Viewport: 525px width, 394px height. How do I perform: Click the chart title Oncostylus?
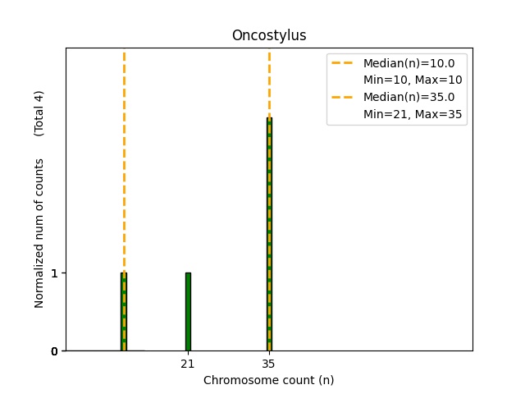pyautogui.click(x=269, y=35)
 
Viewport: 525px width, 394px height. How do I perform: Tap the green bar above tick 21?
pyautogui.click(x=188, y=312)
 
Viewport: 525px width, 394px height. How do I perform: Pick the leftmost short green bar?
pyautogui.click(x=124, y=312)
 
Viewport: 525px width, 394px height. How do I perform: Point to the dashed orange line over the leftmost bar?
pyautogui.click(x=124, y=164)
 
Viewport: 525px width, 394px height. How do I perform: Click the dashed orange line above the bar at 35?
pyautogui.click(x=269, y=82)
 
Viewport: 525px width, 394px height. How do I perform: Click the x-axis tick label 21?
pyautogui.click(x=188, y=363)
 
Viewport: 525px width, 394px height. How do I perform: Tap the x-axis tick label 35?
pyautogui.click(x=269, y=363)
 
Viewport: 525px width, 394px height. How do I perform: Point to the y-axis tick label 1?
pyautogui.click(x=54, y=273)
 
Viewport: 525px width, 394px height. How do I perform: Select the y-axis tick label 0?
pyautogui.click(x=54, y=351)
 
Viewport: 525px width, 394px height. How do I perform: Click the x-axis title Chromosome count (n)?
pyautogui.click(x=269, y=380)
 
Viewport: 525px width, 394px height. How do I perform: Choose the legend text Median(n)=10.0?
pyautogui.click(x=409, y=62)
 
